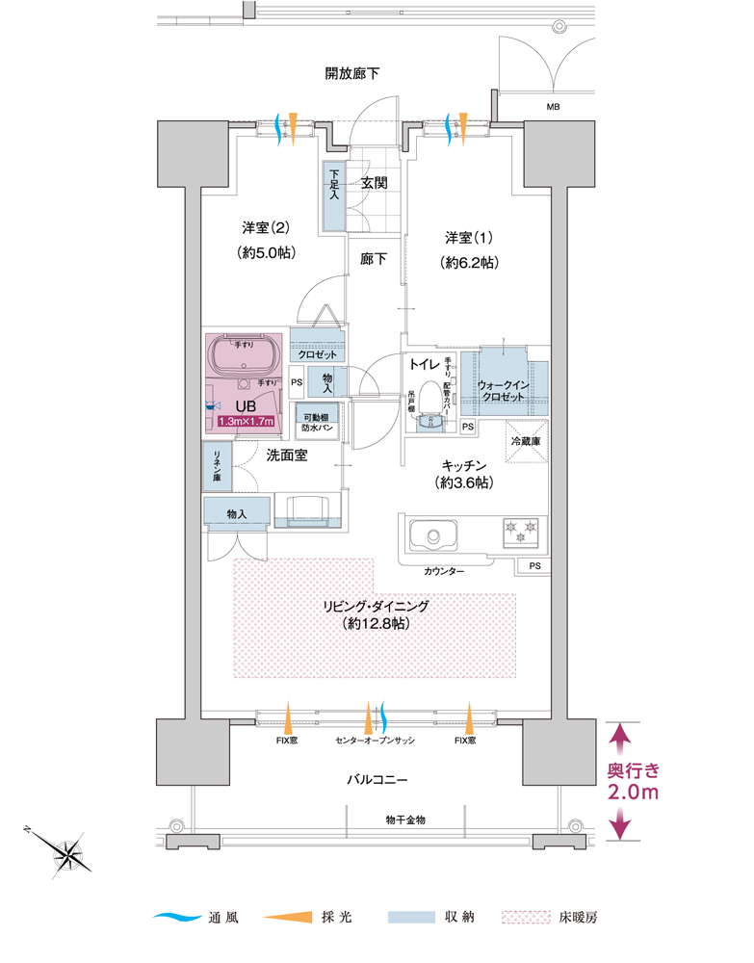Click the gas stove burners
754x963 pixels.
pos(518,532)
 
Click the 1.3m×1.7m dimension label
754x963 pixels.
pos(247,421)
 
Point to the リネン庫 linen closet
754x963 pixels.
pos(217,466)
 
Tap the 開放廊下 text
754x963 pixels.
pos(351,72)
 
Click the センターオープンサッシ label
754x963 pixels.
pos(375,742)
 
